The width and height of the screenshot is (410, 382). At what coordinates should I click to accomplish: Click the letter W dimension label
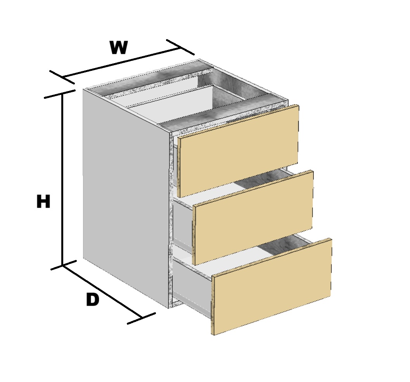pos(119,48)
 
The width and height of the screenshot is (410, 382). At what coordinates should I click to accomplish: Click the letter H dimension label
pos(43,201)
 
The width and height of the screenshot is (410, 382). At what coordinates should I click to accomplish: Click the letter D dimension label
pos(93,299)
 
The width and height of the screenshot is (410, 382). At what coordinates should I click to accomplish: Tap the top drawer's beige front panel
pos(238,151)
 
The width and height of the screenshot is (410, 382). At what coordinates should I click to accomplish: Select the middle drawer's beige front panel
pos(253,218)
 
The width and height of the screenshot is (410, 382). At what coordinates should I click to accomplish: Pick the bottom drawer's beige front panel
pos(272,286)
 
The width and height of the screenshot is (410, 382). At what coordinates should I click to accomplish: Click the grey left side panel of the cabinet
pos(126,198)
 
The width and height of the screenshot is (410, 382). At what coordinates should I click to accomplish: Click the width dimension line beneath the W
pos(121,63)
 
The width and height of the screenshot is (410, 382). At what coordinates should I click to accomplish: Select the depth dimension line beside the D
pos(102,292)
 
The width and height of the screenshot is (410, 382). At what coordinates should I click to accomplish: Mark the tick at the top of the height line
pos(60,94)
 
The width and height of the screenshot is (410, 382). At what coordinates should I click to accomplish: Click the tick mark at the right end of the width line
pos(180,47)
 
